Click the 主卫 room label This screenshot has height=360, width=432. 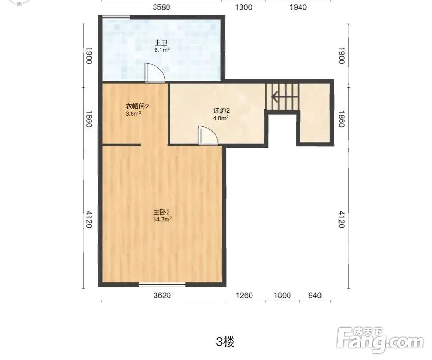point(161,43)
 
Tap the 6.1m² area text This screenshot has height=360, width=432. point(162,50)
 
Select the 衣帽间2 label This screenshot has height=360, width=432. point(137,106)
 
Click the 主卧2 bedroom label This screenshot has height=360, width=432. point(161,212)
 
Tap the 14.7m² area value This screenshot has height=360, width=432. point(163,219)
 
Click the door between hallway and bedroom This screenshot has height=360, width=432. point(208,135)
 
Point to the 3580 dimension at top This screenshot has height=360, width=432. point(161,7)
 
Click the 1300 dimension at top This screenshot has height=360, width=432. point(243,7)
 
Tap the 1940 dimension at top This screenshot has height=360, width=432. point(298,7)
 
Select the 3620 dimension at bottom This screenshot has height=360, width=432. point(162,295)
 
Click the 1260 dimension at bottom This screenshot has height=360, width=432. point(244,295)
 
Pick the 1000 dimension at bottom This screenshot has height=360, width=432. point(282,295)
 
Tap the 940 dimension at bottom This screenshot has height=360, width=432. point(314,295)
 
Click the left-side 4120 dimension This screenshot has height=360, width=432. point(89,219)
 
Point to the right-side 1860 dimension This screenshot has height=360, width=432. point(342,119)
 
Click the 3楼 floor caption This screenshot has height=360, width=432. point(226,342)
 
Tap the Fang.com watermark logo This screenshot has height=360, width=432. point(380,340)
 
